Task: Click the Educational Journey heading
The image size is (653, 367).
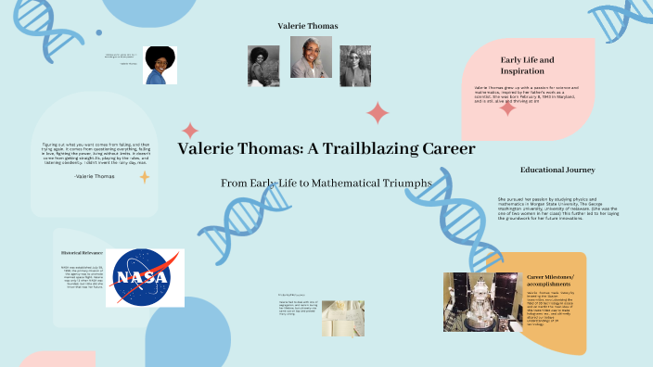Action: coord(557,171)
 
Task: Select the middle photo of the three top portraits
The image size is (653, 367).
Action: coord(311,57)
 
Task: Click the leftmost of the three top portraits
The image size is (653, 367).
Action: coord(263,66)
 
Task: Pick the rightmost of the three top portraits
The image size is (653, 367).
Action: coord(354,66)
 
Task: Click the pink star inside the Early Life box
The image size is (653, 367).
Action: coord(508,108)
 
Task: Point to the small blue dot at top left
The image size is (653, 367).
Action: coord(98,32)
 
